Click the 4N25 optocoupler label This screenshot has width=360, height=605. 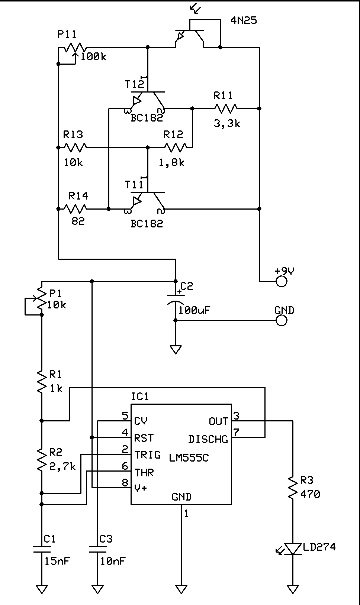click(244, 20)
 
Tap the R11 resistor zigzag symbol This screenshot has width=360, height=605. click(226, 109)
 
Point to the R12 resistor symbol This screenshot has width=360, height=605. click(176, 148)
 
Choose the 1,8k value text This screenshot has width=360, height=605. click(171, 162)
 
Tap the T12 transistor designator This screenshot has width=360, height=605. click(134, 84)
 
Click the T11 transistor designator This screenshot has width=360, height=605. click(134, 185)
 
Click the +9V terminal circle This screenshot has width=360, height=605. click(282, 281)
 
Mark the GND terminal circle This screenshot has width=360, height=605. click(282, 320)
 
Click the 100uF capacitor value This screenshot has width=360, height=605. click(195, 310)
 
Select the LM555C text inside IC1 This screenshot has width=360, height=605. click(189, 458)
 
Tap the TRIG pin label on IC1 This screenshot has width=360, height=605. click(148, 455)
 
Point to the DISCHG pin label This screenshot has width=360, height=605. click(208, 439)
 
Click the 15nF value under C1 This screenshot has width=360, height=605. click(57, 561)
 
